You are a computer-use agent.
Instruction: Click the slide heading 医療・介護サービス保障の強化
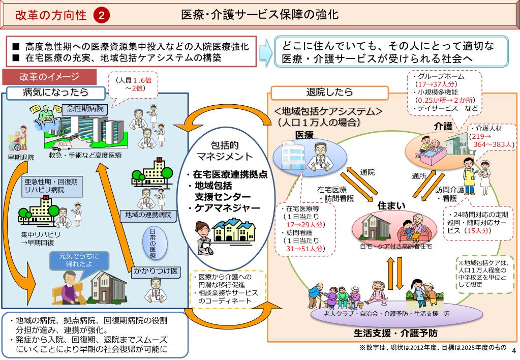click(260, 15)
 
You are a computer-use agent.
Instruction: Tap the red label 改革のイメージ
click(49, 77)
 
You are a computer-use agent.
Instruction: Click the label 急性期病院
click(85, 108)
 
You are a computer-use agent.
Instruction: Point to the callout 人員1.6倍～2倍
click(131, 84)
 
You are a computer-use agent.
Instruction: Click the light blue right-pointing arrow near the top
click(265, 51)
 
